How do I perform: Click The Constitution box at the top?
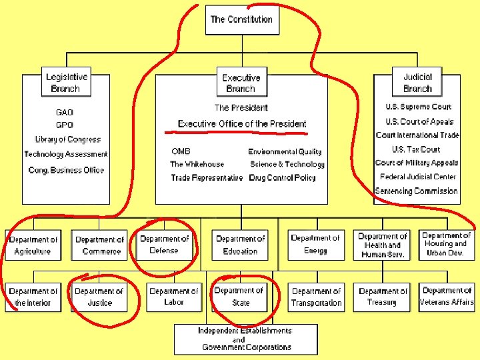click(x=241, y=19)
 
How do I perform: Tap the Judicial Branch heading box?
click(x=417, y=83)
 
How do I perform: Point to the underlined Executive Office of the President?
click(x=242, y=124)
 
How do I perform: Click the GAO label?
click(x=65, y=113)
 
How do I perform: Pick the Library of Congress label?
click(x=67, y=139)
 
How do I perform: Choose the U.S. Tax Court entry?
click(x=416, y=149)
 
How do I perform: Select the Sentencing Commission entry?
click(x=417, y=191)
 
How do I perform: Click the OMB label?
click(x=181, y=152)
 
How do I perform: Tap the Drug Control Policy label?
click(x=282, y=178)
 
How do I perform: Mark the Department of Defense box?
click(x=164, y=245)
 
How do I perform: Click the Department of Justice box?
click(x=99, y=297)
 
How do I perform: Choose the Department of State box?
click(x=239, y=297)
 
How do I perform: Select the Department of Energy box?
click(x=315, y=245)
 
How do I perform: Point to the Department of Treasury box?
click(x=383, y=297)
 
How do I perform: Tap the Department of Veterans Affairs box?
click(x=447, y=297)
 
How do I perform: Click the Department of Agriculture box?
click(x=33, y=245)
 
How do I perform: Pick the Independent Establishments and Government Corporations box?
click(x=245, y=339)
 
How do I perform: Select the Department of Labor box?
click(x=173, y=297)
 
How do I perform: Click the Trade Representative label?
click(x=207, y=178)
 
